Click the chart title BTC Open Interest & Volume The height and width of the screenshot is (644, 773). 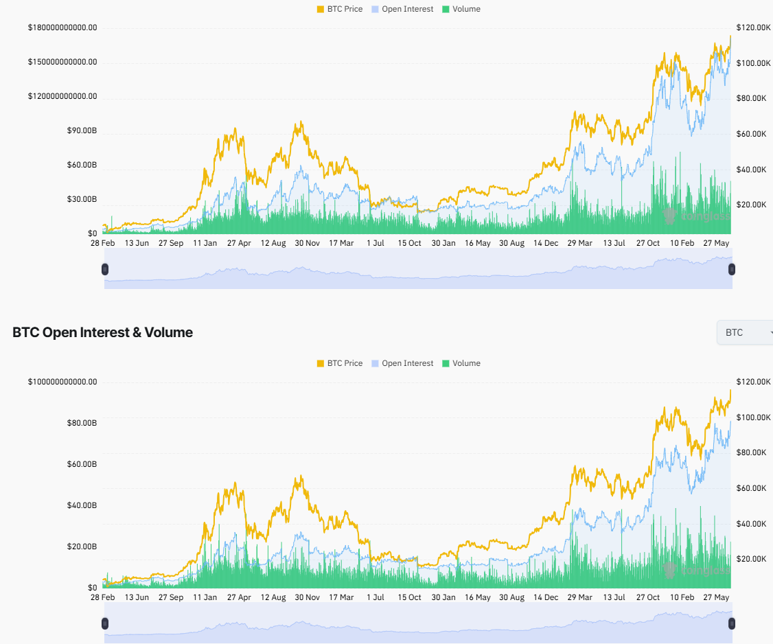point(102,332)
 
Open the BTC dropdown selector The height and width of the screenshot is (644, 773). point(745,332)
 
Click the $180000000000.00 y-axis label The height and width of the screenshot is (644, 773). point(62,27)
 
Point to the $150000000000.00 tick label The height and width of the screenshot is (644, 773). point(62,62)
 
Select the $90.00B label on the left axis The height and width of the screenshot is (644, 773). point(81,130)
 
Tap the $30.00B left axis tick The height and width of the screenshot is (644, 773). point(81,199)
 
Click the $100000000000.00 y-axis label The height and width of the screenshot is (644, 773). point(62,382)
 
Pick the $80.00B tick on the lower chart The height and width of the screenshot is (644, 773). point(81,423)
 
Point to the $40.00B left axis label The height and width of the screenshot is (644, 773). point(81,505)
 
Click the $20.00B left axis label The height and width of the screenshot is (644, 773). point(81,547)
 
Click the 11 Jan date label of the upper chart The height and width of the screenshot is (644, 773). point(205,243)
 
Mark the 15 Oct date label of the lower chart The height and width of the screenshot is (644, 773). point(409,597)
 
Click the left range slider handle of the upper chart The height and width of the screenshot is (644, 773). point(105,269)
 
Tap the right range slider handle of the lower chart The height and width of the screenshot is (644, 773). point(731,623)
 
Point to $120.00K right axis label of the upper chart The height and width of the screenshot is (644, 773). point(750,27)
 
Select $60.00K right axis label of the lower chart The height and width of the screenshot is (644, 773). point(750,488)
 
